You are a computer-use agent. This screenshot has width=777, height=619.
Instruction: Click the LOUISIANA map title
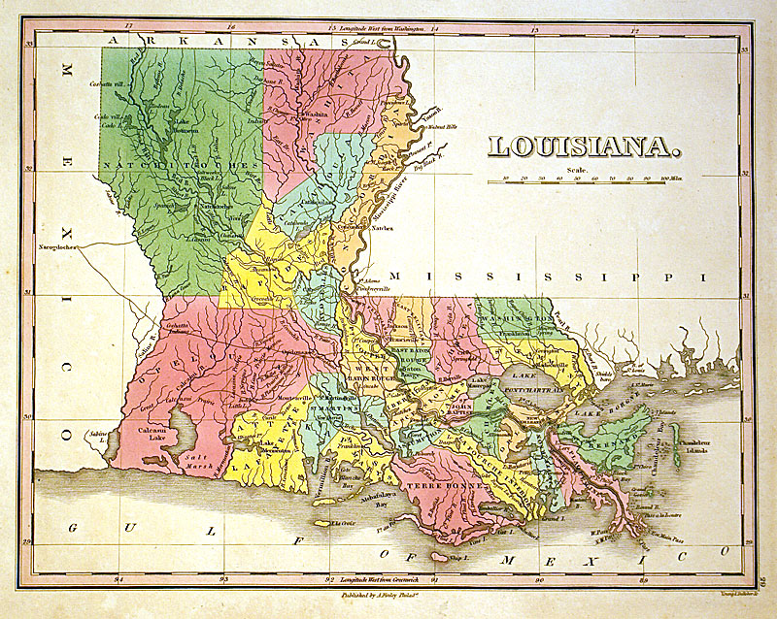582,147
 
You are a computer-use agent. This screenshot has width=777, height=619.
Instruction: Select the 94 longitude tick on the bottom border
120,580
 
